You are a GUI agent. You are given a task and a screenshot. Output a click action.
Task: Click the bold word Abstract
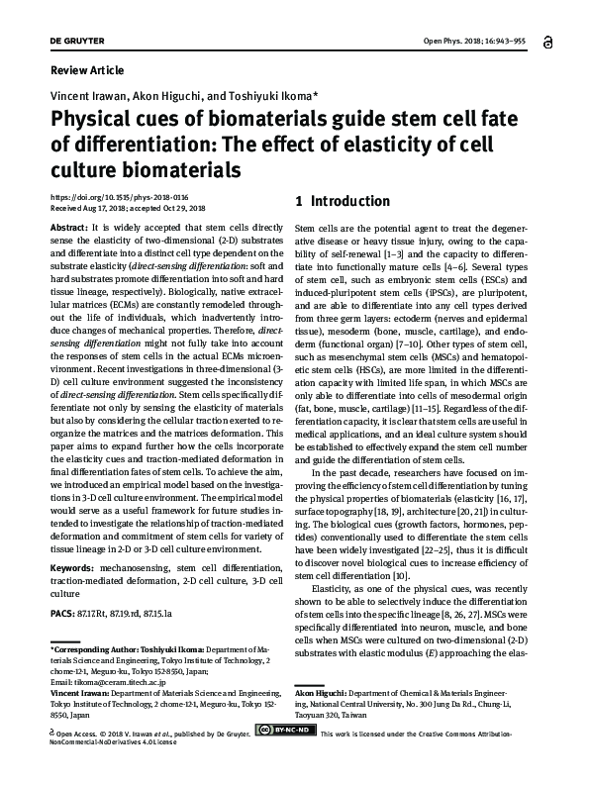point(67,227)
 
